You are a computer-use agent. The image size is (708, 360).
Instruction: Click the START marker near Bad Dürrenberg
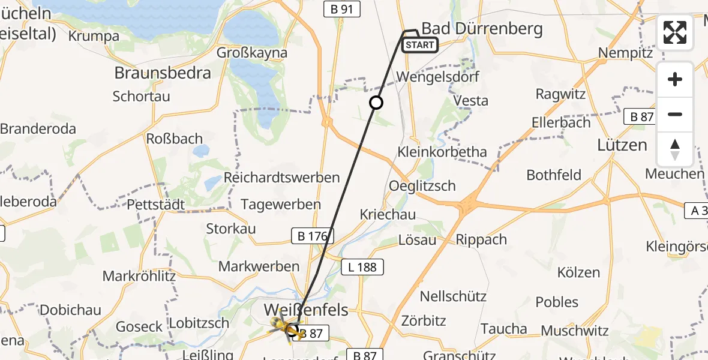click(420, 45)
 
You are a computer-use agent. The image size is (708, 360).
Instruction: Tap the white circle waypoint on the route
click(376, 103)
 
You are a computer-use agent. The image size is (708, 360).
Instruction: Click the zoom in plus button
click(675, 79)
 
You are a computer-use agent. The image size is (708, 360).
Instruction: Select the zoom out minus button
click(675, 114)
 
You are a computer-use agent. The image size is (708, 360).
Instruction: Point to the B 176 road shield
click(313, 236)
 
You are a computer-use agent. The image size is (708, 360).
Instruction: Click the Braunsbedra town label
click(163, 73)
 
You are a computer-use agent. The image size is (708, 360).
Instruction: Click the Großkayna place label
click(253, 52)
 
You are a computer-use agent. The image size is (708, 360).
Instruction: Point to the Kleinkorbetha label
click(442, 151)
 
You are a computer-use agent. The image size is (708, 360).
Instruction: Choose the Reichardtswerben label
click(281, 178)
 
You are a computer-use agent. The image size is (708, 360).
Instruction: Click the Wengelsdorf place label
click(435, 77)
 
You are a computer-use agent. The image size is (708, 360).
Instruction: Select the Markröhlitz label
click(139, 276)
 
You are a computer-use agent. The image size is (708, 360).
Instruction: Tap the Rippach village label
click(481, 239)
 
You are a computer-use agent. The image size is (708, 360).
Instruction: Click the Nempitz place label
click(625, 53)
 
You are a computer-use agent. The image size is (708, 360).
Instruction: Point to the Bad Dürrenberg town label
click(482, 29)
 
